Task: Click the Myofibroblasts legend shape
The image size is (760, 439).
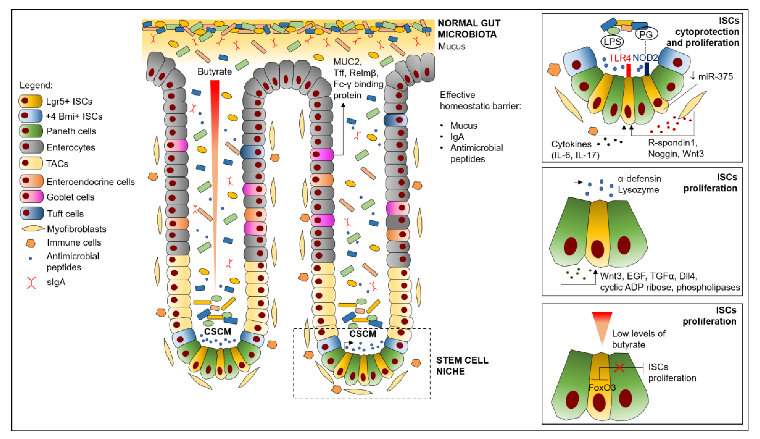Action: (33, 229)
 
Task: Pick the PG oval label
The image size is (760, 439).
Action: (646, 34)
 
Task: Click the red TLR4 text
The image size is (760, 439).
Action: (619, 58)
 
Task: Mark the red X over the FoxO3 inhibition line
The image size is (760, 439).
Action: (619, 368)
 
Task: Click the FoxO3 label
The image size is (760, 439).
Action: (602, 387)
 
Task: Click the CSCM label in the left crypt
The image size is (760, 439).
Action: (217, 332)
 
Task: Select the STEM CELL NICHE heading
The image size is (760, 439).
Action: (462, 365)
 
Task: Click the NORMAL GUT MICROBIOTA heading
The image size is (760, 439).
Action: (469, 29)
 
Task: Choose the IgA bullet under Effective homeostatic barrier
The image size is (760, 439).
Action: (457, 137)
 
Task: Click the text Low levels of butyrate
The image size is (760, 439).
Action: (638, 339)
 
